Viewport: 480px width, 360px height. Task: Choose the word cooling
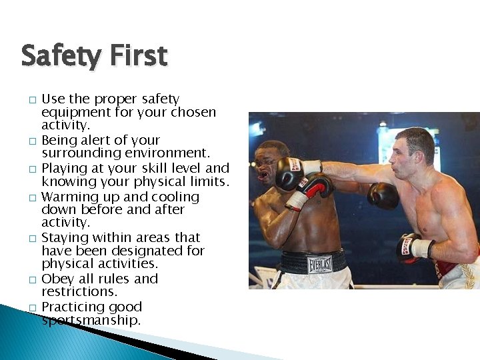(167, 197)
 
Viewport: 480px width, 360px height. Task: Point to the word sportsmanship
(91, 321)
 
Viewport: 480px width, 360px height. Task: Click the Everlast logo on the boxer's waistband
(320, 264)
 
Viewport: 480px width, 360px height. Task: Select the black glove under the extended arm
(383, 195)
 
